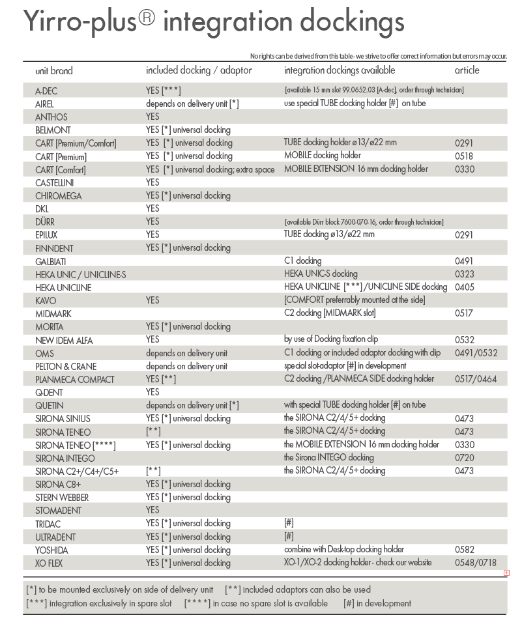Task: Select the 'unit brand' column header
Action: coord(54,70)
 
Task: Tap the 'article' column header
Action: coord(467,70)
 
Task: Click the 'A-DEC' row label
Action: coord(46,91)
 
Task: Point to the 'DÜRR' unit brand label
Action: coord(45,222)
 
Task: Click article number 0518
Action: coord(464,156)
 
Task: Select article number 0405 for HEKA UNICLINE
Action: coord(464,287)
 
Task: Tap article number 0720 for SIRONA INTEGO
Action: coord(464,458)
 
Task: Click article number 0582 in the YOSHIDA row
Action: coord(464,550)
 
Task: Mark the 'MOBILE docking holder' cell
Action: coord(323,156)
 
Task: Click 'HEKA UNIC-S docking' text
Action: coord(321,274)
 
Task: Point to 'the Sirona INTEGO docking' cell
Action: coord(328,457)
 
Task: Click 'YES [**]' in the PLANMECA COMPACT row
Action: coord(161,379)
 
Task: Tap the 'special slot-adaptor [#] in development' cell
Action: coord(345,365)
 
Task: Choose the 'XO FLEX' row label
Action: coord(49,563)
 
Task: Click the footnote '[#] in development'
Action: coord(377,603)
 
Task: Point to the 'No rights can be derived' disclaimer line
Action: coord(378,57)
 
